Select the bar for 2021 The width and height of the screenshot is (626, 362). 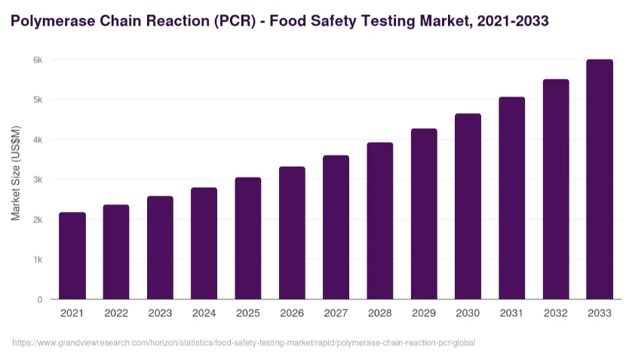pos(72,256)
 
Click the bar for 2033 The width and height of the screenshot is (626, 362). pos(600,179)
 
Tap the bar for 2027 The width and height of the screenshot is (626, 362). pos(336,228)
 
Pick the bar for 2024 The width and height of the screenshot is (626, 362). pos(204,244)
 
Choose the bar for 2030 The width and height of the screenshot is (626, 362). pos(468,207)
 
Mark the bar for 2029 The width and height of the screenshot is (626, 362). pos(424,214)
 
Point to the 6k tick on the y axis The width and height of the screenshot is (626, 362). pos(38,60)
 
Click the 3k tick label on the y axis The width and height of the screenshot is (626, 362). pos(38,179)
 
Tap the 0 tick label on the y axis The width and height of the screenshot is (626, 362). pos(39,299)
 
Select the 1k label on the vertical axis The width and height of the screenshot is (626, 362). pos(38,259)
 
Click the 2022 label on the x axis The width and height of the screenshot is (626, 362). pos(116,313)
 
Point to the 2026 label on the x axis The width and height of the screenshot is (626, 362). pos(292,313)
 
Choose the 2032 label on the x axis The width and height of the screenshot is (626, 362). pos(555,313)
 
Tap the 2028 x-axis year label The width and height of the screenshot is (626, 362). pos(379,313)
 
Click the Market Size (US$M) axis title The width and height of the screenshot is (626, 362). pos(16,173)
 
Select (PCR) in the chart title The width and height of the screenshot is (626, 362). pos(235,21)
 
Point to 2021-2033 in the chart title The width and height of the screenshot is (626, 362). pos(513,21)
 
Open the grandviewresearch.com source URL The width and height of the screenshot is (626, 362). pos(244,343)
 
